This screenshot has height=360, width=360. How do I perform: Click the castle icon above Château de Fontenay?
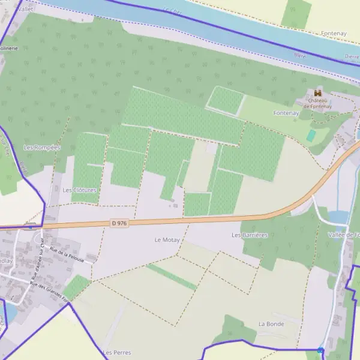click(317, 93)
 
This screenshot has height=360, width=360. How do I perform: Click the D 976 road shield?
click(119, 223)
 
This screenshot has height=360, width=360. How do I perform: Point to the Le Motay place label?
click(167, 239)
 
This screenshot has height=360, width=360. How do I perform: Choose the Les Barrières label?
click(250, 235)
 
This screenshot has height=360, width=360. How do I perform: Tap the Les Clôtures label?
click(79, 190)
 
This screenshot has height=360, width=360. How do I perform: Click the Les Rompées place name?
click(42, 147)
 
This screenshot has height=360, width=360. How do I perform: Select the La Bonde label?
click(271, 323)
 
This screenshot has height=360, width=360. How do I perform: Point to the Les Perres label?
click(116, 352)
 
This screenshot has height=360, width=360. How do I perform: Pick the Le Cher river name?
click(172, 10)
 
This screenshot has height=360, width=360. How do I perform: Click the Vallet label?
click(26, 10)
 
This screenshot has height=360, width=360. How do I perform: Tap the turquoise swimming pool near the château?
click(311, 136)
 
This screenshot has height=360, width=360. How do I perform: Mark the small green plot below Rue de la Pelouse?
click(76, 287)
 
